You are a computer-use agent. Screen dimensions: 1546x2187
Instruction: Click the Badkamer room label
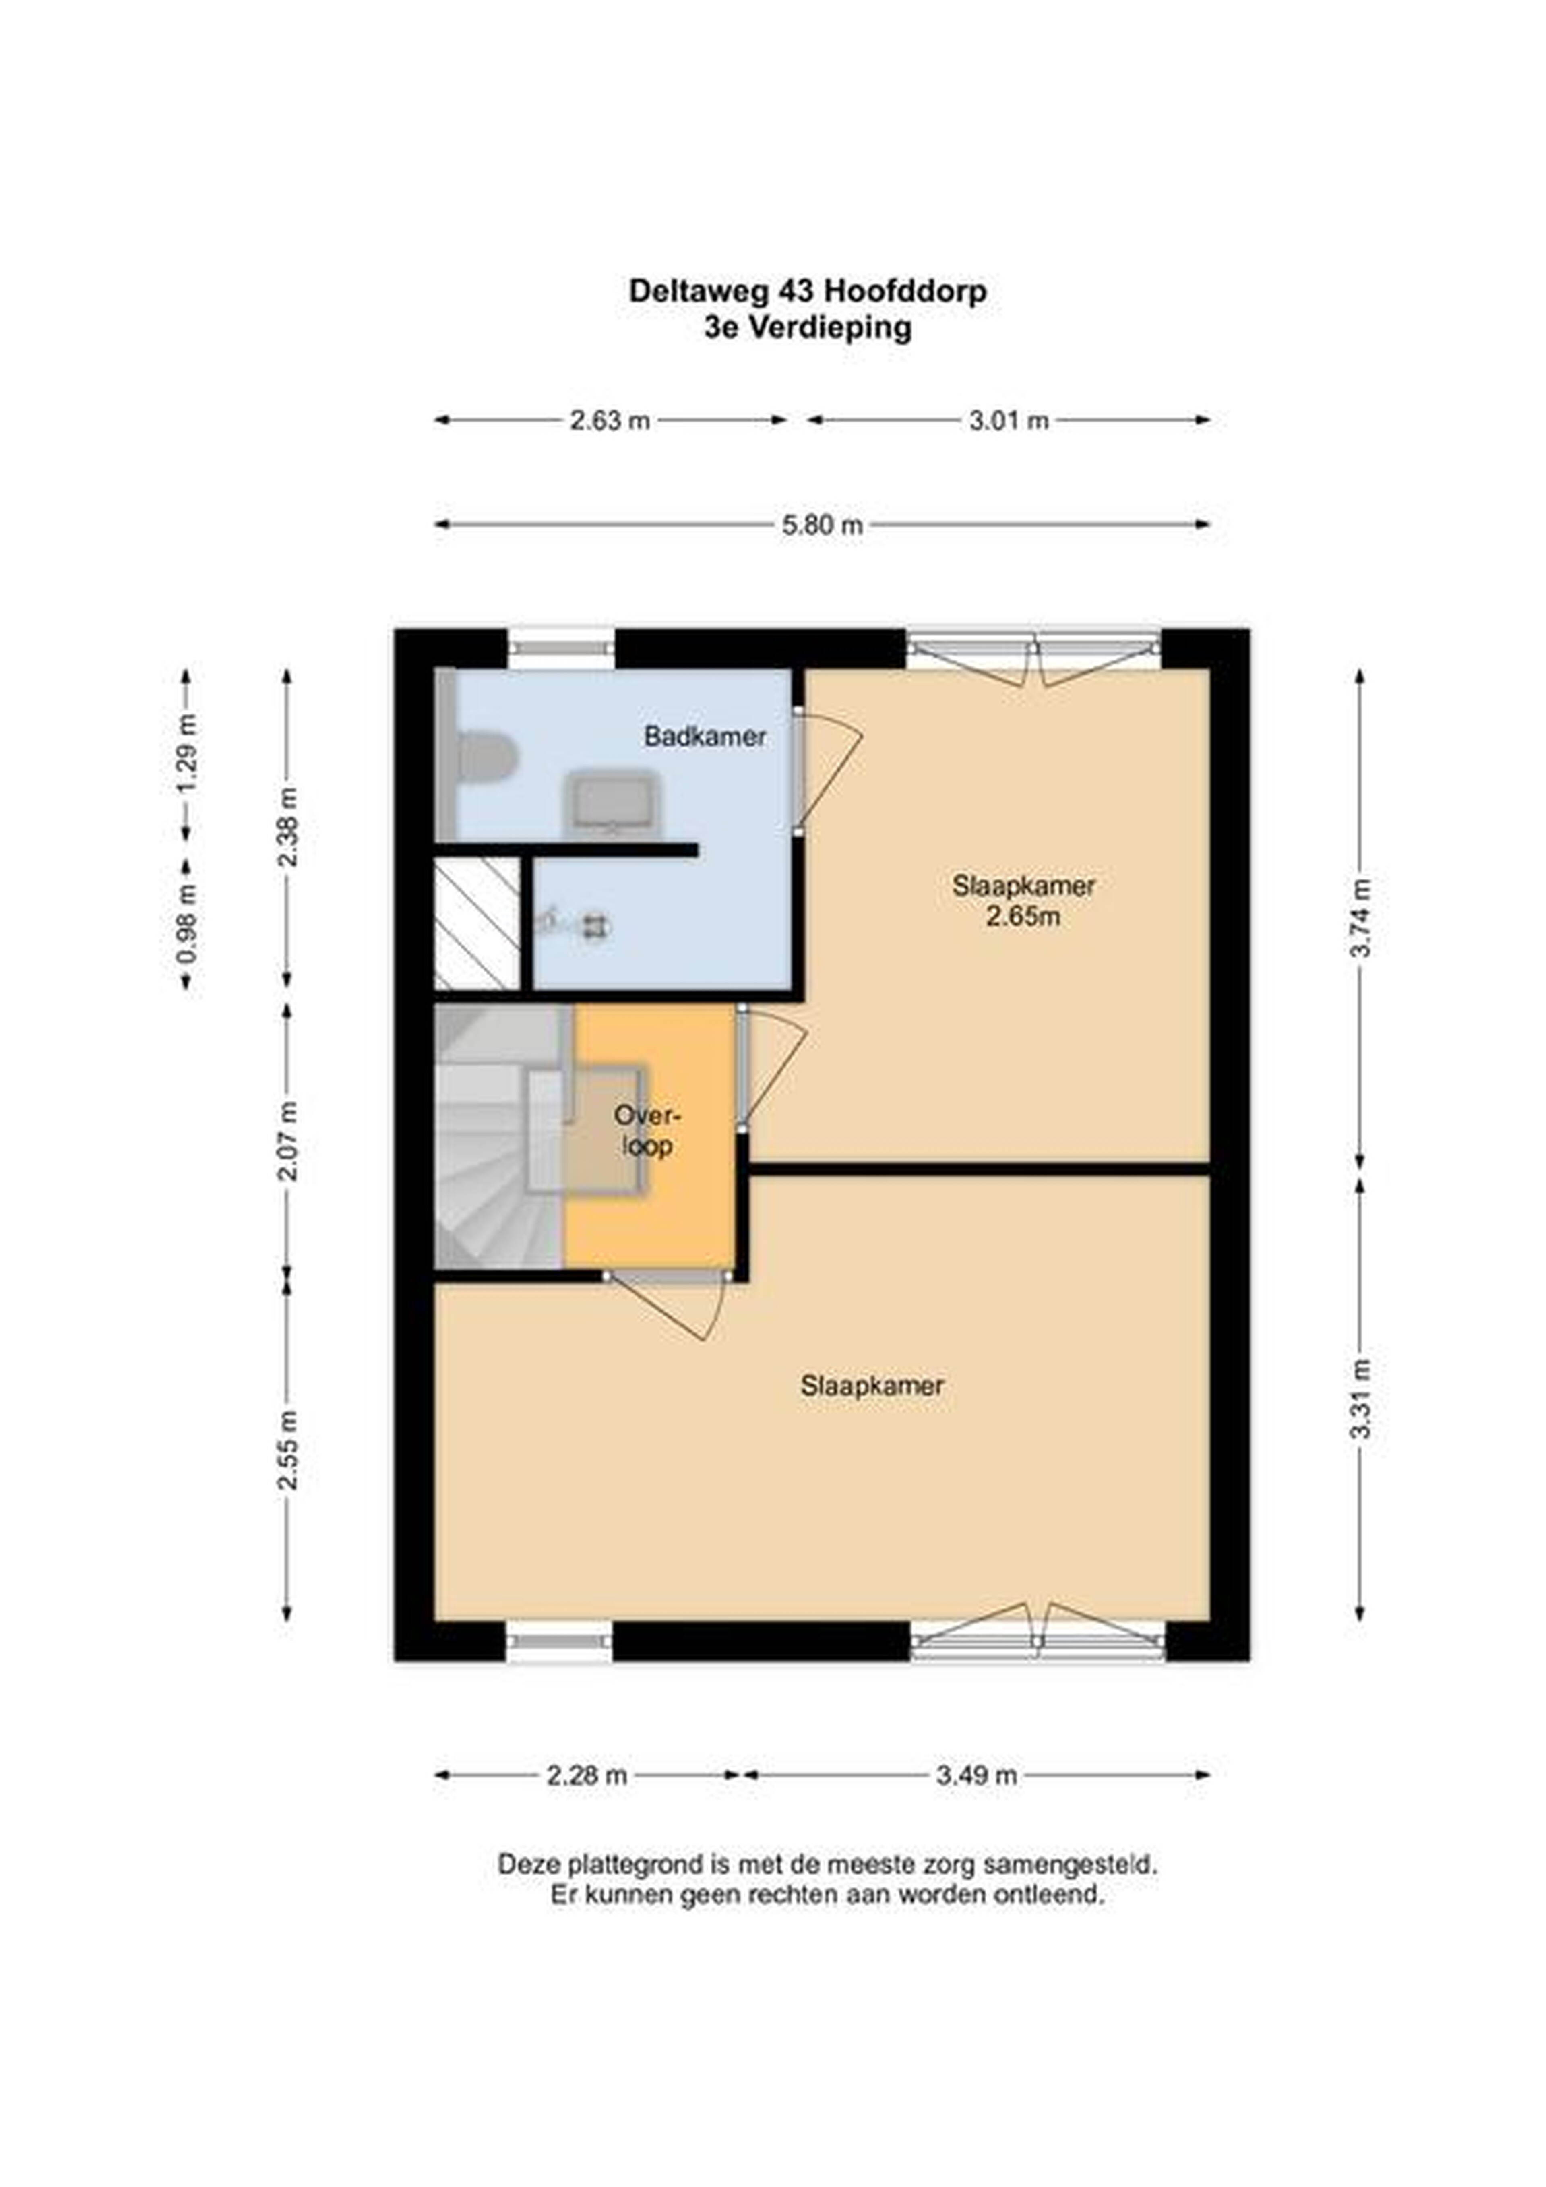pyautogui.click(x=705, y=736)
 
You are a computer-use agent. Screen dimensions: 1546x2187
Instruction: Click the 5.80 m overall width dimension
pyautogui.click(x=822, y=525)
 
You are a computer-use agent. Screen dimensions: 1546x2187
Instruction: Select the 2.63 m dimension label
pyautogui.click(x=610, y=420)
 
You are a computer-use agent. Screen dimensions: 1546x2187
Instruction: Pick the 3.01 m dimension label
pyautogui.click(x=1009, y=420)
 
